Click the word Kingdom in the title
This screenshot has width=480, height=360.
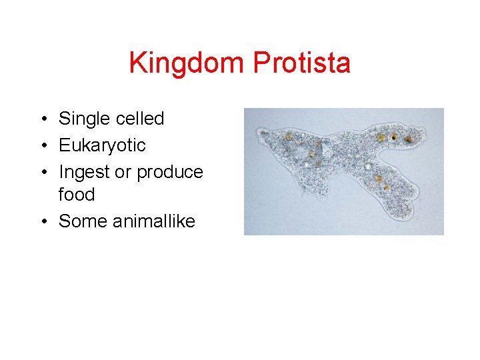tap(187, 63)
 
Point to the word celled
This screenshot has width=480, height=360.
tap(140, 119)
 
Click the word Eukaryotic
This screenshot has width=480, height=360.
tap(102, 145)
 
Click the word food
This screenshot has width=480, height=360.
tap(77, 195)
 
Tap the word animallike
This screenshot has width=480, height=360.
tap(154, 221)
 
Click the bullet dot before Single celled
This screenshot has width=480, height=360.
tap(42, 119)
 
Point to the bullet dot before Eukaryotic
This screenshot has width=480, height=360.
tap(42, 146)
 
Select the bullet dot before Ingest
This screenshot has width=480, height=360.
tap(42, 173)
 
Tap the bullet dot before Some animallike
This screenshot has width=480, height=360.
tap(42, 222)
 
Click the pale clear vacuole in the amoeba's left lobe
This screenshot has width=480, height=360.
tap(304, 154)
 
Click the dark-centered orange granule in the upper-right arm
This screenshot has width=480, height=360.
tap(394, 137)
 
